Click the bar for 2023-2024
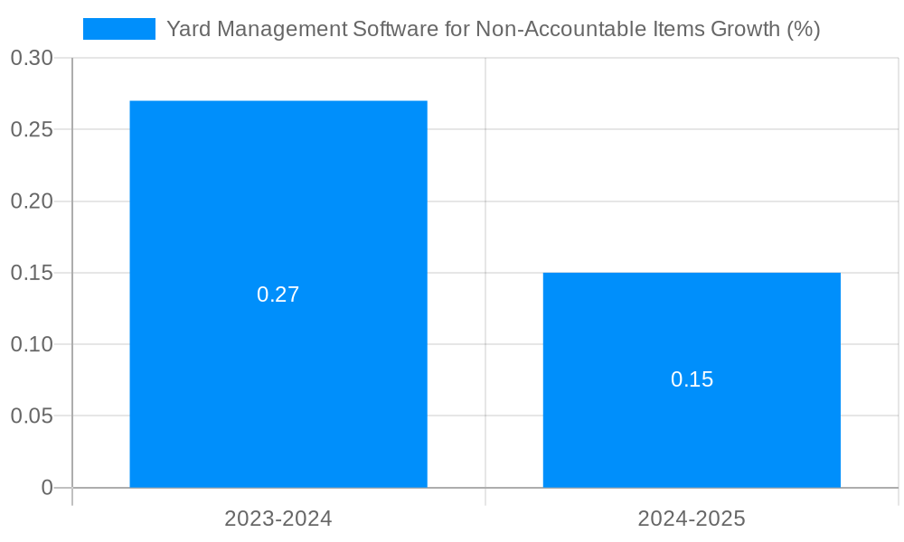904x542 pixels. coord(278,199)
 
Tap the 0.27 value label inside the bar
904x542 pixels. coord(278,294)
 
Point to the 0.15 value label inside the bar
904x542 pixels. coord(692,379)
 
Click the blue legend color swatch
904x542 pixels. coord(118,29)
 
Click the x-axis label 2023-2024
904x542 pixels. coord(278,519)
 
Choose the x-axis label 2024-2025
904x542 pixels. coord(692,519)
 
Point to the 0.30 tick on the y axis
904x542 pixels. coord(32,58)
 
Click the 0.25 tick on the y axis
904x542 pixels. coord(32,129)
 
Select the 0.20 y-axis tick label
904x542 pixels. coord(32,201)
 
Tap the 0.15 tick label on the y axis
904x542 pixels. coord(32,273)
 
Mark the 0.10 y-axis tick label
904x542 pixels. coord(32,344)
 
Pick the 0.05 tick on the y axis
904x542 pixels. coord(32,416)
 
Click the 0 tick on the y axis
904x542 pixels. coord(47,488)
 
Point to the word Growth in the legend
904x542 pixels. coord(745,29)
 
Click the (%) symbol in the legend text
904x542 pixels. coord(803,29)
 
